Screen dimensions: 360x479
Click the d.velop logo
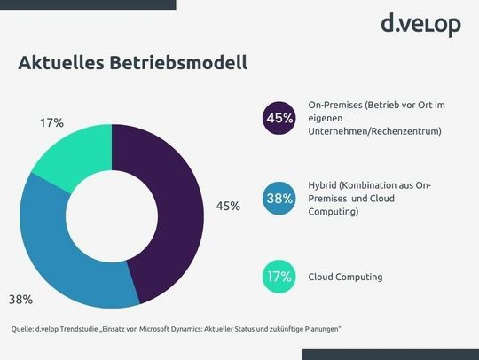(420, 24)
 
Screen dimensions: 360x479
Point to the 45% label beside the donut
(228, 207)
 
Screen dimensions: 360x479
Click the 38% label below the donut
(22, 299)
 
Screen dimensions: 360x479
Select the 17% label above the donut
(51, 122)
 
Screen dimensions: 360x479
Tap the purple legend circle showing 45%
(279, 118)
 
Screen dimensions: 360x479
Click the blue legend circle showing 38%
(279, 198)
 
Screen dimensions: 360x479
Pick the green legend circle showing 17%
(279, 277)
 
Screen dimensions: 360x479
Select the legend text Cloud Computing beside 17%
(345, 278)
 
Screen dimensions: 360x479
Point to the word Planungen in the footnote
(317, 329)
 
